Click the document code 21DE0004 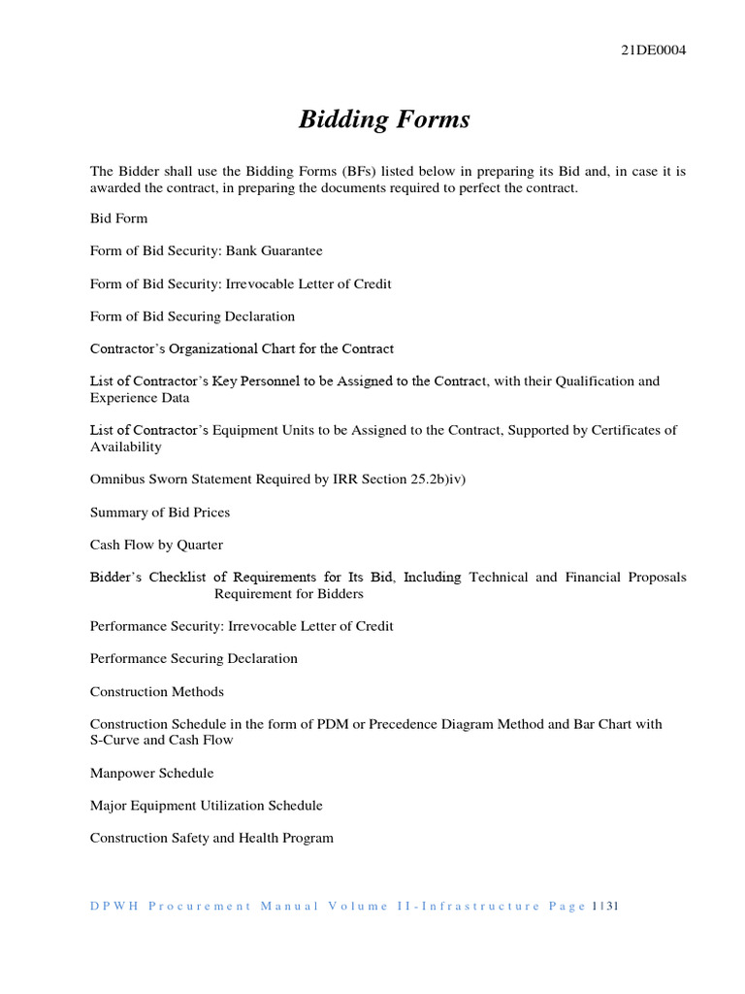pyautogui.click(x=653, y=51)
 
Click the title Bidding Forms pyautogui.click(x=384, y=119)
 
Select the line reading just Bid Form pyautogui.click(x=118, y=218)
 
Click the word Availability pyautogui.click(x=126, y=447)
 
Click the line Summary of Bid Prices pyautogui.click(x=160, y=512)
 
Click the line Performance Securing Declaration pyautogui.click(x=194, y=659)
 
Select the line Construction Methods pyautogui.click(x=157, y=692)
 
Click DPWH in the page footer pyautogui.click(x=112, y=907)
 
